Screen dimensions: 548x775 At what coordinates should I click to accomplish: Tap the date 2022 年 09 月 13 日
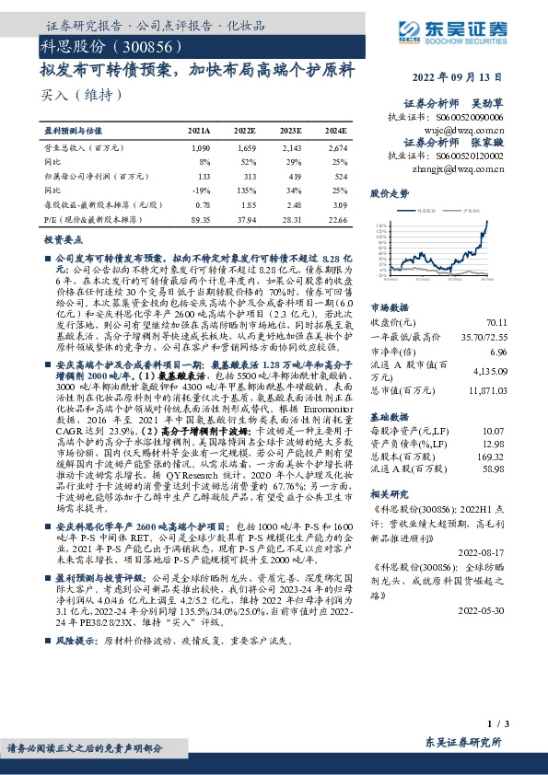click(465, 78)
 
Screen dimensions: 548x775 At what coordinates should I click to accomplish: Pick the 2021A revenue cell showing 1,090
click(199, 148)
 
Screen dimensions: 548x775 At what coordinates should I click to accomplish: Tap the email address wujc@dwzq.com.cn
click(466, 131)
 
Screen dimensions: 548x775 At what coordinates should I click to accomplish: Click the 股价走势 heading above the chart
click(390, 195)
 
